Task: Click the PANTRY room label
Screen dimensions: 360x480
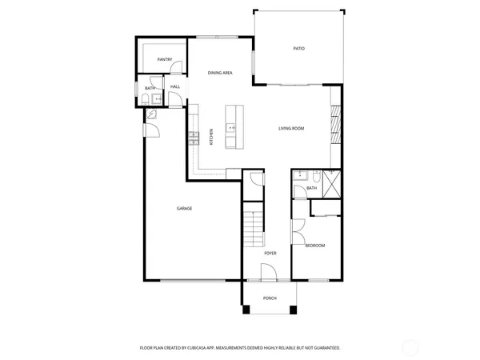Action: pos(165,59)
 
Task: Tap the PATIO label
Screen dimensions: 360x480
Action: pos(298,49)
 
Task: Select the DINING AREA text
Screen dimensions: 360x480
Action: pos(220,73)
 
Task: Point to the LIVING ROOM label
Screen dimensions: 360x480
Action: pos(291,129)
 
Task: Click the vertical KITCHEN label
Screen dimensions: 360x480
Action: pos(211,137)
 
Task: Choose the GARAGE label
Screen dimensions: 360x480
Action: pos(184,209)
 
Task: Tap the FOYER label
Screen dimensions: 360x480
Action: pos(270,254)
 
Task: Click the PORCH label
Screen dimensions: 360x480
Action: pos(270,298)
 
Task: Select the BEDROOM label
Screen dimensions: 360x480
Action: pos(314,246)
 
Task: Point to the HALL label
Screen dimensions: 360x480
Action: pos(174,86)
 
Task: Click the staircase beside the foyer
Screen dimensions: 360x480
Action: pos(254,227)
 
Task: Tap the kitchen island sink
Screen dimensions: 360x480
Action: pos(231,127)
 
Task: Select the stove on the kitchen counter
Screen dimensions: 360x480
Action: pos(193,138)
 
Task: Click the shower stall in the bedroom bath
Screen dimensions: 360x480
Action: pos(332,180)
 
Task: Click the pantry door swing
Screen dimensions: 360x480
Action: pos(178,69)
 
